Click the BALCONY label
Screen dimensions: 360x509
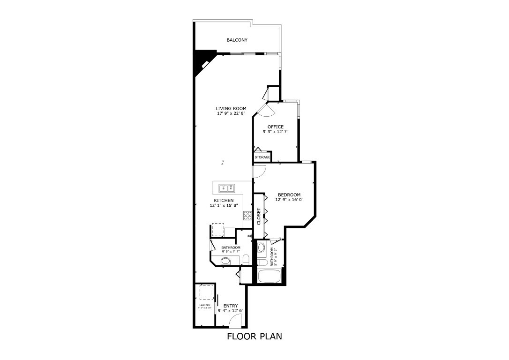click(237, 40)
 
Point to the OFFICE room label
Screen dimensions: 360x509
click(276, 127)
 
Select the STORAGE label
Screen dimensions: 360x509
click(262, 157)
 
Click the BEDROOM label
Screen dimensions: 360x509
click(289, 195)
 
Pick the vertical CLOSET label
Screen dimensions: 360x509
click(258, 215)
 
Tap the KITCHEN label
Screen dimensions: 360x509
click(224, 201)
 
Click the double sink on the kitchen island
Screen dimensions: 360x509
click(227, 188)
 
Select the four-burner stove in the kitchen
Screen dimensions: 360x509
click(247, 216)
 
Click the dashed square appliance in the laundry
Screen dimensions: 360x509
click(205, 292)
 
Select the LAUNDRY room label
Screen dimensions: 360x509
click(204, 306)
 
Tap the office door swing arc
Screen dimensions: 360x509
click(263, 110)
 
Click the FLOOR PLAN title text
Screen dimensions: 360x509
click(254, 336)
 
